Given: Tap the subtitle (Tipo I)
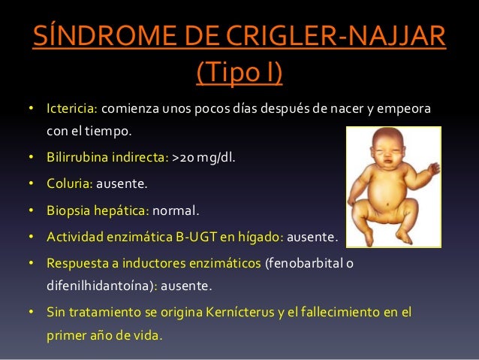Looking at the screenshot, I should click(239, 74).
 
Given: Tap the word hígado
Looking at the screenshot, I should click(258, 237).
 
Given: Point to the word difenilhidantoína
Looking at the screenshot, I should click(101, 286).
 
